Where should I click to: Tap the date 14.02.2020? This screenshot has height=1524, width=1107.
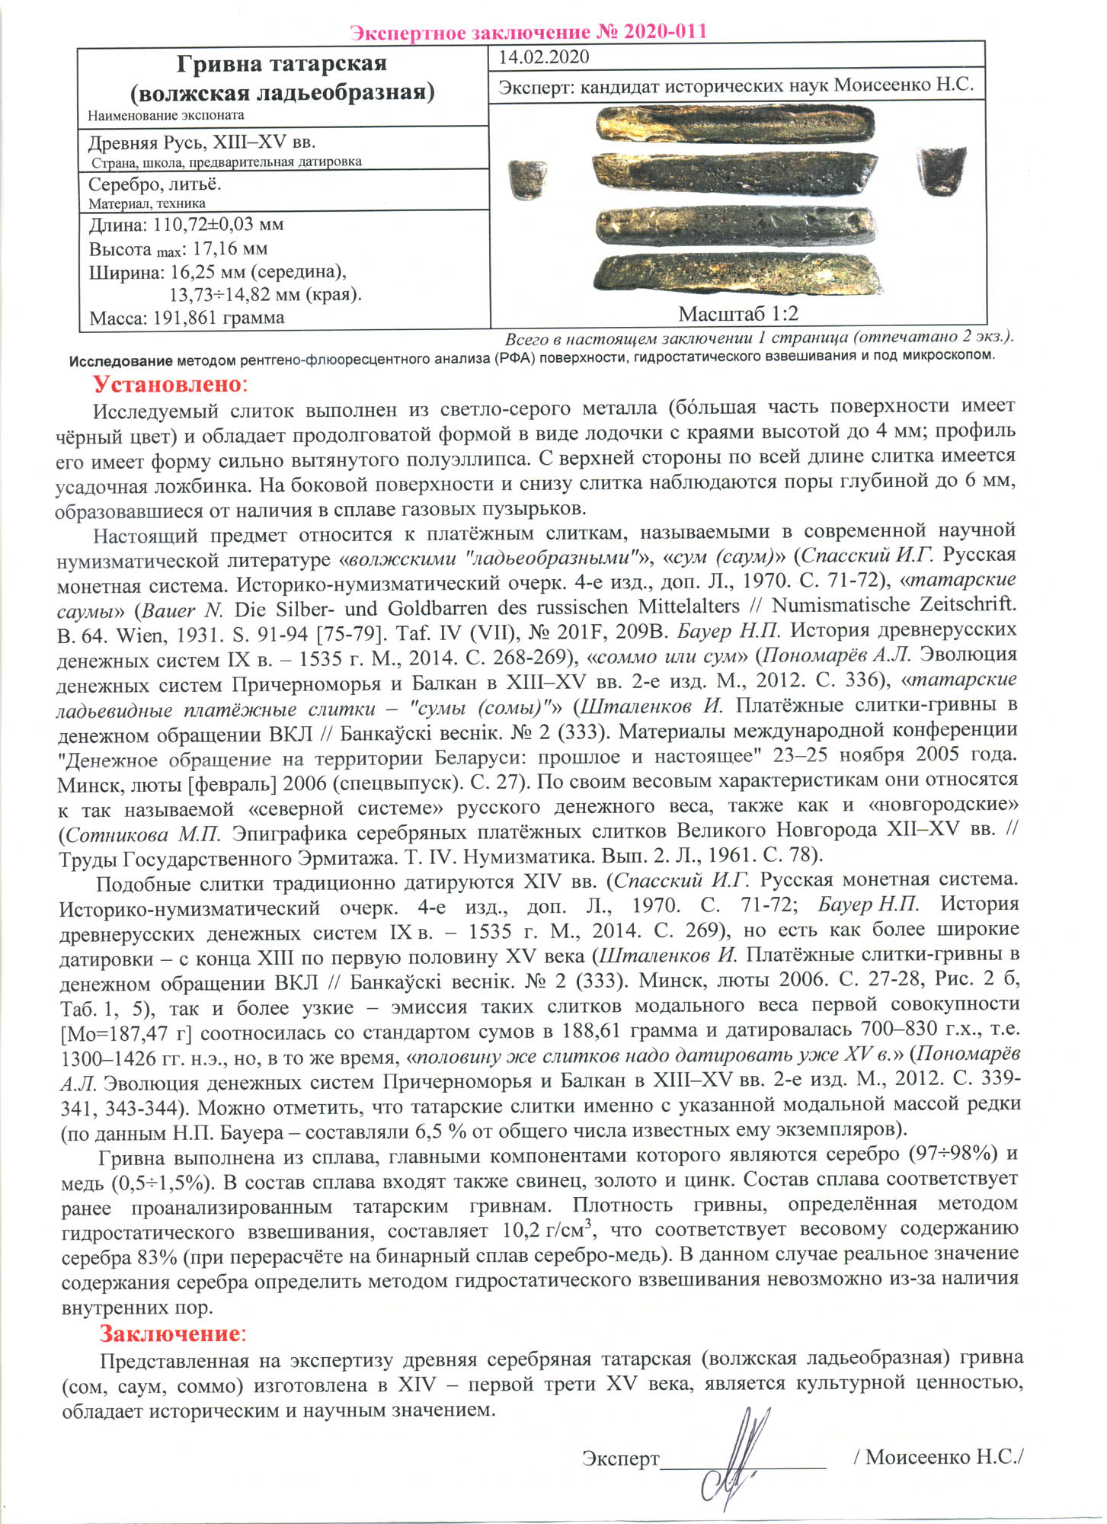click(543, 57)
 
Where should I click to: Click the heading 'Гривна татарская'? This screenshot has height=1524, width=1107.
click(282, 63)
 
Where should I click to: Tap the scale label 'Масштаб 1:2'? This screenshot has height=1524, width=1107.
click(737, 313)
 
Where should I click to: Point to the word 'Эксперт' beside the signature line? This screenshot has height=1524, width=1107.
click(620, 1458)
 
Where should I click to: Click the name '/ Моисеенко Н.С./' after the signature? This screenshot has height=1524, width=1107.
click(939, 1456)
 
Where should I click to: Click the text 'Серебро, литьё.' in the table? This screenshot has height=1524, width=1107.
click(155, 185)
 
